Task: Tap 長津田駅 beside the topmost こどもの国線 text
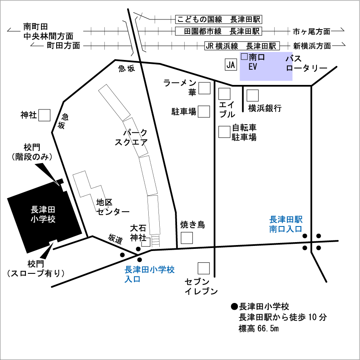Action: point(246,19)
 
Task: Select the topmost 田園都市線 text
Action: point(203,31)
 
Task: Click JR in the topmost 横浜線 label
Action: point(210,46)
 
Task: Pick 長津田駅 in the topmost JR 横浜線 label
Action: point(261,46)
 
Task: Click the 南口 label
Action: point(256,57)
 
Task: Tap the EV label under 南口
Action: point(253,67)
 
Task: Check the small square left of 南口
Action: point(244,57)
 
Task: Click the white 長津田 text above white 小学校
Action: point(43,210)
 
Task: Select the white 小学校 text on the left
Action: point(43,219)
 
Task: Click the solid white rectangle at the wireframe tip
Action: point(64,187)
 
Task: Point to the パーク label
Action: point(135,133)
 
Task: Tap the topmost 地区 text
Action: point(104,202)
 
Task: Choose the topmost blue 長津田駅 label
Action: point(286,220)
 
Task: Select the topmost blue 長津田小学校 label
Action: point(150,269)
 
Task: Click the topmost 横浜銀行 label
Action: point(265,107)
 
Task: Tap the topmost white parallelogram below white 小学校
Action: point(53,243)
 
